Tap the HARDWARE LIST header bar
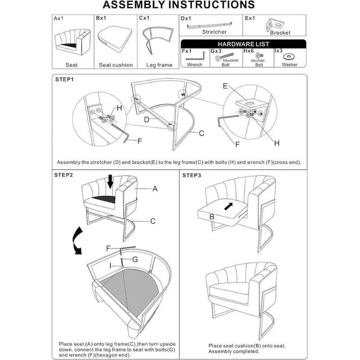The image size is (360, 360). (x=243, y=44)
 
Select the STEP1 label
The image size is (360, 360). (x=64, y=79)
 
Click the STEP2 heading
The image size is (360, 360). (x=63, y=175)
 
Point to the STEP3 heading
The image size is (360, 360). (x=192, y=175)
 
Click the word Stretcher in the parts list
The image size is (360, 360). (x=214, y=32)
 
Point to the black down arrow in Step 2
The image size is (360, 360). (x=110, y=181)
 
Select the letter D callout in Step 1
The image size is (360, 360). (x=146, y=120)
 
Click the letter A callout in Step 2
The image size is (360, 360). (x=155, y=189)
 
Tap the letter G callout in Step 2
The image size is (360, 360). (x=135, y=259)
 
